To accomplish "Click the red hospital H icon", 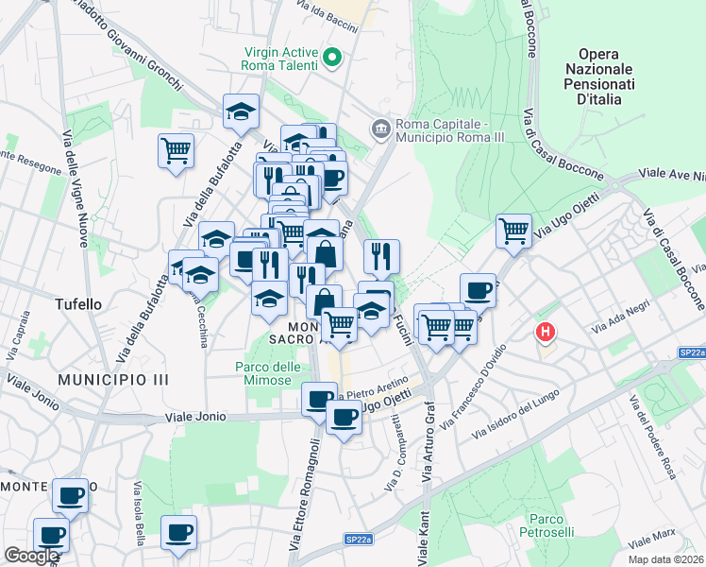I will click(545, 332).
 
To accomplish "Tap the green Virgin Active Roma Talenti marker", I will click(331, 60).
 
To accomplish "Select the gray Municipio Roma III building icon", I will click(380, 128).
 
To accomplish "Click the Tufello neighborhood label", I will click(78, 305).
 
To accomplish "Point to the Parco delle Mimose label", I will click(267, 374).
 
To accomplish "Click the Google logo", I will click(32, 556).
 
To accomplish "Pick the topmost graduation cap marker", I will click(241, 112).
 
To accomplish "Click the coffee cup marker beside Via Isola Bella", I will click(178, 532).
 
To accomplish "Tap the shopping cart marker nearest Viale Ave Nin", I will click(513, 230).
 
